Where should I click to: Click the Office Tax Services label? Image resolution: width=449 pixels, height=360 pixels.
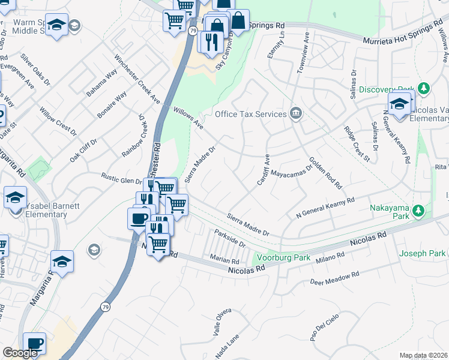pyautogui.click(x=251, y=114)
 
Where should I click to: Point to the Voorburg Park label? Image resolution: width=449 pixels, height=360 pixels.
pyautogui.click(x=274, y=258)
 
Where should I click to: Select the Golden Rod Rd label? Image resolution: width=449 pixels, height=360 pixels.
pyautogui.click(x=325, y=173)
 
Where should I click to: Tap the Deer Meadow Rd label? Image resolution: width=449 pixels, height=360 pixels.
pyautogui.click(x=334, y=277)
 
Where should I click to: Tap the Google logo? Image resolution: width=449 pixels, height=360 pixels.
pyautogui.click(x=20, y=352)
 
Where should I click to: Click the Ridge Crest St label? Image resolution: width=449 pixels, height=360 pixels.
pyautogui.click(x=357, y=143)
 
